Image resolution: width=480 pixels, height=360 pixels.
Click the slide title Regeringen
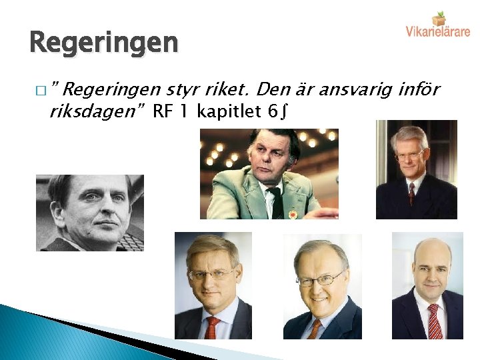tap(104, 43)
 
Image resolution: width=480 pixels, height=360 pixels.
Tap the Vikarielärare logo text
tap(437, 31)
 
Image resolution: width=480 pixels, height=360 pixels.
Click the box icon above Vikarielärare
tap(438, 17)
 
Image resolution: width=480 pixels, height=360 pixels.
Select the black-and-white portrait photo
tap(89, 212)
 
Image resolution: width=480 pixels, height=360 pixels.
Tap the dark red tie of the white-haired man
tap(412, 193)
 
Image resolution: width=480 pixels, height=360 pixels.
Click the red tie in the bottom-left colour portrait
tap(213, 327)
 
